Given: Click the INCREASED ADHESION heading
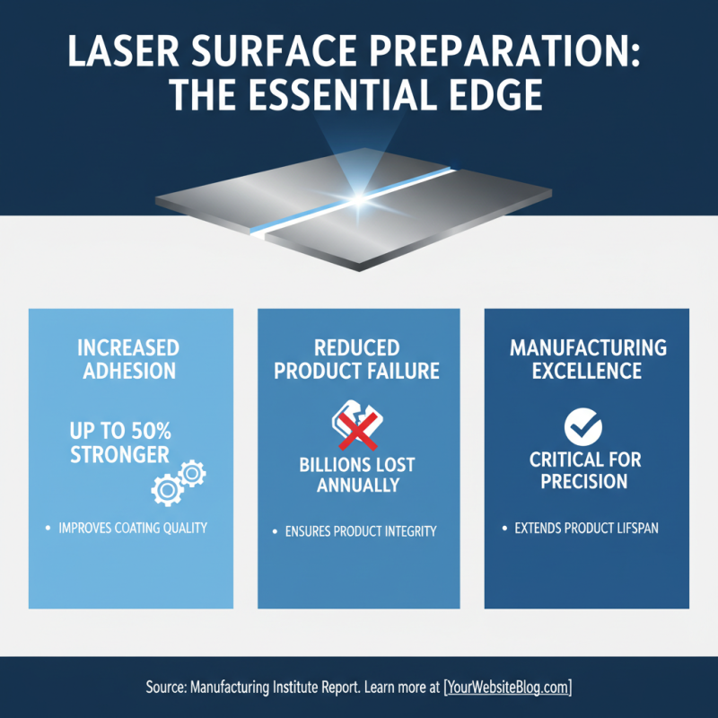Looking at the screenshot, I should pyautogui.click(x=128, y=358).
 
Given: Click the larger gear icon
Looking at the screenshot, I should pyautogui.click(x=165, y=488).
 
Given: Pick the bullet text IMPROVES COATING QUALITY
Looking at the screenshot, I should pyautogui.click(x=132, y=528).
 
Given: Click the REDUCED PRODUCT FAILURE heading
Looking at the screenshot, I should pyautogui.click(x=357, y=358).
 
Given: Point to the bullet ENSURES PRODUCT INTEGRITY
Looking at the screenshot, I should pyautogui.click(x=360, y=531).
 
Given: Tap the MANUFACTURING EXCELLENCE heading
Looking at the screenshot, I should pyautogui.click(x=588, y=358).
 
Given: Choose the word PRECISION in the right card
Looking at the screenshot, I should pyautogui.click(x=585, y=482).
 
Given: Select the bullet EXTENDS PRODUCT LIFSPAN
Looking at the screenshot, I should pyautogui.click(x=586, y=528).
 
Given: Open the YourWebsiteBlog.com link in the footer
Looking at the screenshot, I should pyautogui.click(x=507, y=687).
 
